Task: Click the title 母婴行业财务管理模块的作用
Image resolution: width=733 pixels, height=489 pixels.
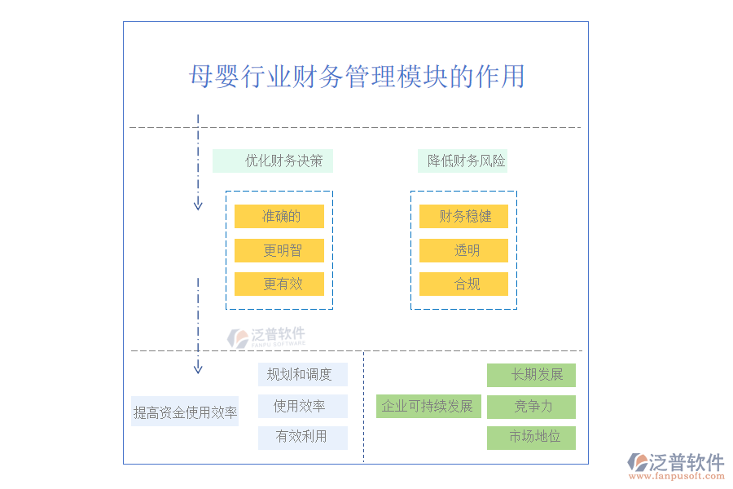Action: coord(357,77)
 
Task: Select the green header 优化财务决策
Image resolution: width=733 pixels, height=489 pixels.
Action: coord(273,161)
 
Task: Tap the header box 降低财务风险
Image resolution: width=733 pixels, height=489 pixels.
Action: coord(462,161)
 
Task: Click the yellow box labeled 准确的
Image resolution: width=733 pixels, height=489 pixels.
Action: coord(279,216)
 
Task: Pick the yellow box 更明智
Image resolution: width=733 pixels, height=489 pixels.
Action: coord(279,250)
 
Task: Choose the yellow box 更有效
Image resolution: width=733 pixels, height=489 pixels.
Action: coord(279,284)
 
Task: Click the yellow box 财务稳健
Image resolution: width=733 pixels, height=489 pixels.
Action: coord(463,216)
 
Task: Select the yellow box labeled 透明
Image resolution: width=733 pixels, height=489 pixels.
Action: coord(463,250)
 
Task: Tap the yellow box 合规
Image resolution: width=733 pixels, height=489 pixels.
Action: coord(463,284)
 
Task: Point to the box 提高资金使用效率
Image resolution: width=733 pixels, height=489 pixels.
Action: coord(185,412)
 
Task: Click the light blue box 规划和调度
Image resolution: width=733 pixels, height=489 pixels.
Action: coord(303,374)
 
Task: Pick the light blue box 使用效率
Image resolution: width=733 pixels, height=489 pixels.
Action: coord(303,406)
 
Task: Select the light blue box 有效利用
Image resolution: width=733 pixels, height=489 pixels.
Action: coord(303,437)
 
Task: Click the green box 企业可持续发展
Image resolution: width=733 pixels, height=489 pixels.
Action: coord(429,406)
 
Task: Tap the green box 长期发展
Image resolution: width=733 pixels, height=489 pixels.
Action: coord(531,375)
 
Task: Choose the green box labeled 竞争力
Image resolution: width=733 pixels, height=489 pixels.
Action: coord(531,407)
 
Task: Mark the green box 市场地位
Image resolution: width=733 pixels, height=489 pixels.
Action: coord(531,437)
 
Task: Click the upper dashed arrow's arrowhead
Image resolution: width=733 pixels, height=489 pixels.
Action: coord(198,205)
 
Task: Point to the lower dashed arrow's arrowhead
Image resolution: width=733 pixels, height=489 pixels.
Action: coord(198,369)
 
